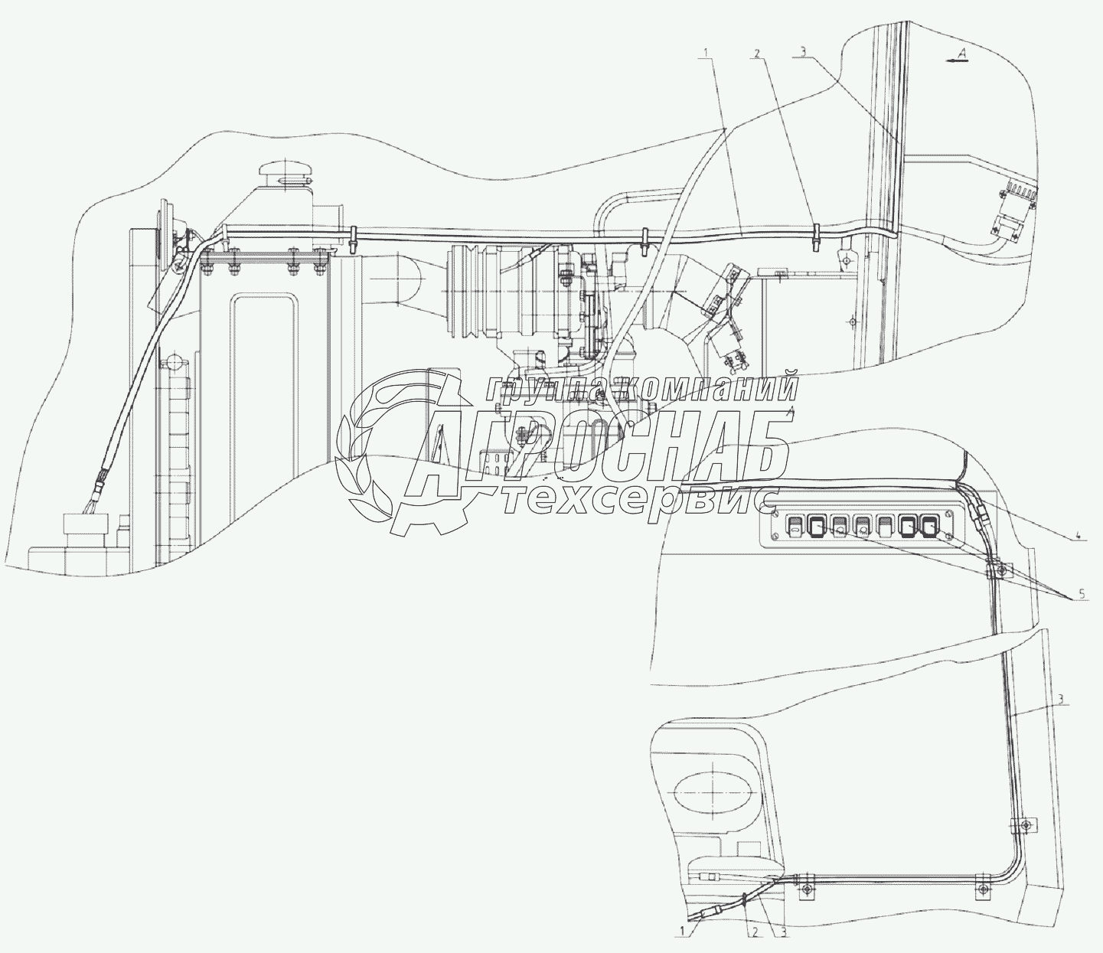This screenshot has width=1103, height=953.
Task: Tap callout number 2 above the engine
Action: pyautogui.click(x=757, y=54)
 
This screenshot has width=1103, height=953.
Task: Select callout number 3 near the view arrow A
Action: pyautogui.click(x=802, y=52)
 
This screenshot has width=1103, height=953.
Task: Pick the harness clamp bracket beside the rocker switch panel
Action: pyautogui.click(x=1000, y=570)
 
